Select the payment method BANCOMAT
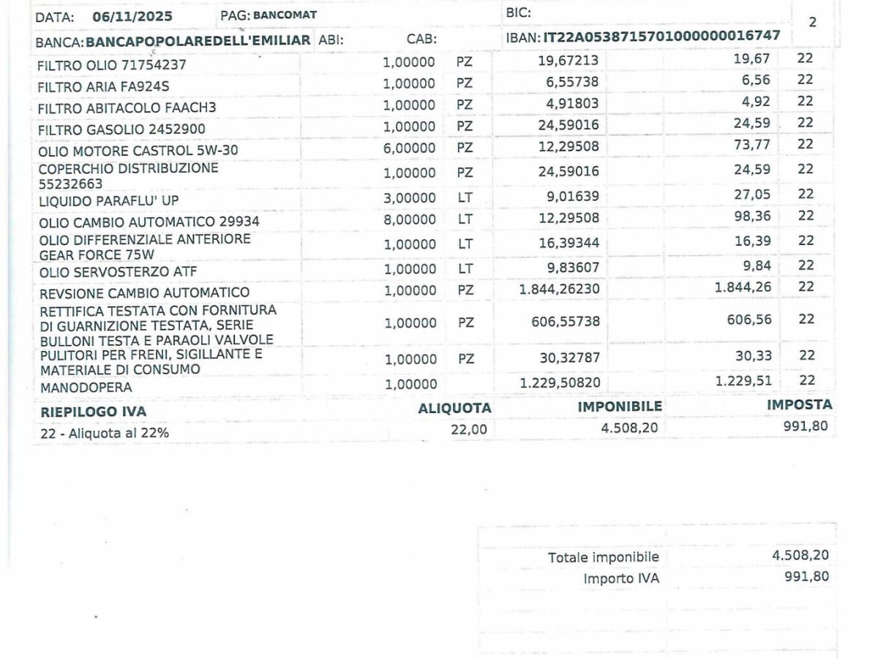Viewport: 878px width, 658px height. click(x=285, y=15)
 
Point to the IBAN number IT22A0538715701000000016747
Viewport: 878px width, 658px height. click(x=661, y=36)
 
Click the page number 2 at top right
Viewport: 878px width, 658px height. click(x=812, y=22)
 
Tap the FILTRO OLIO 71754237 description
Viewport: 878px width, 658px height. click(x=111, y=65)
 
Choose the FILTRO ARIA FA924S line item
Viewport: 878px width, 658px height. click(x=103, y=86)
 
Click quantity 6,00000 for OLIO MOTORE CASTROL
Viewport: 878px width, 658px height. click(x=408, y=147)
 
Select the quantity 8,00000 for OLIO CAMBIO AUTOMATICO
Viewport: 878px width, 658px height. click(x=408, y=219)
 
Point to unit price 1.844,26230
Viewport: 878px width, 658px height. click(x=559, y=290)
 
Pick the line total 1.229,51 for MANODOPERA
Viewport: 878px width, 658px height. click(x=743, y=380)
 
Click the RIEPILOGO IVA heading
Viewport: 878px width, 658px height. click(x=93, y=412)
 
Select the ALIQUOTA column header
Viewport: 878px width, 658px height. click(x=454, y=408)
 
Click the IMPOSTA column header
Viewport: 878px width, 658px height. click(x=799, y=404)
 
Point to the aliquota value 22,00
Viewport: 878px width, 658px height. click(x=468, y=429)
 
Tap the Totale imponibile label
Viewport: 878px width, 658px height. click(x=603, y=557)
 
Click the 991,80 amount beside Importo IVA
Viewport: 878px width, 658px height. click(x=806, y=576)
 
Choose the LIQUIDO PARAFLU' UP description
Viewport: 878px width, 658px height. click(x=108, y=200)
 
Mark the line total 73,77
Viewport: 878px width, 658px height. click(x=752, y=145)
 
